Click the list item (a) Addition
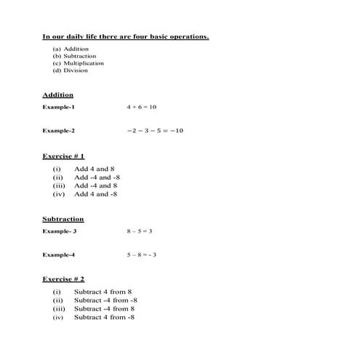point(71,49)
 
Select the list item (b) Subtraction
point(73,56)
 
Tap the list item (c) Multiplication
point(78,63)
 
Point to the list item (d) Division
point(70,71)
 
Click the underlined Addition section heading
point(57,95)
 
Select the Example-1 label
point(58,108)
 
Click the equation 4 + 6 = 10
point(141,108)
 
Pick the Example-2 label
point(58,131)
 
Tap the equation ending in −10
point(154,131)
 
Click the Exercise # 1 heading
point(63,156)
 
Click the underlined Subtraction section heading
point(63,219)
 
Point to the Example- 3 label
point(59,231)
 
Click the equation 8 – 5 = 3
point(139,231)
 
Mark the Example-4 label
point(58,255)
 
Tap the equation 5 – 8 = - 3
point(142,255)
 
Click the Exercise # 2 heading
point(63,279)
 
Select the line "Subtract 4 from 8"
point(103,292)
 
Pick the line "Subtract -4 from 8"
point(104,308)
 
